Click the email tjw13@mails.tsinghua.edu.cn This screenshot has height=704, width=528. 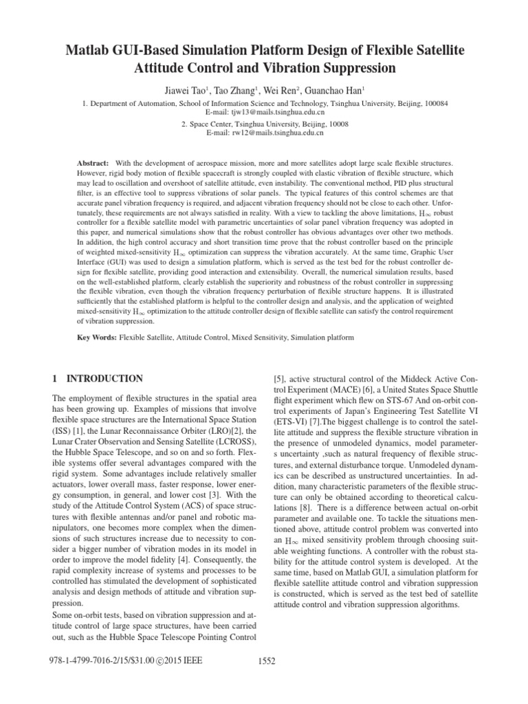coord(265,111)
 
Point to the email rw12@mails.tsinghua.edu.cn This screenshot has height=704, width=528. coord(265,133)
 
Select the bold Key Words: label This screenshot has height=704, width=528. coord(96,338)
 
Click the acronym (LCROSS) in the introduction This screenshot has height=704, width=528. coord(232,435)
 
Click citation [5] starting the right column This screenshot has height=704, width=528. coord(280,378)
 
